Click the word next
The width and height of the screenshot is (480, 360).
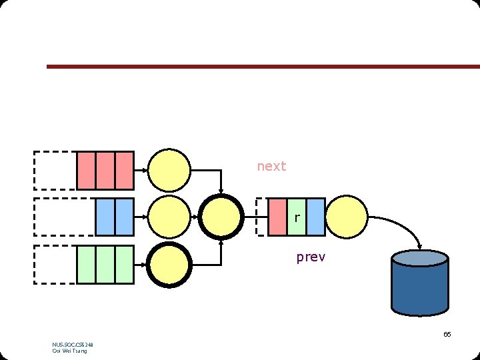[x=271, y=166]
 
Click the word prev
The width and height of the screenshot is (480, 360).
[x=311, y=257]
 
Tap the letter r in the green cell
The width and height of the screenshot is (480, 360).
[x=297, y=217]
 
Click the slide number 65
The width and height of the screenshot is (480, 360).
[x=447, y=334]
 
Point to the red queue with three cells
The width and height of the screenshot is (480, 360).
[x=105, y=171]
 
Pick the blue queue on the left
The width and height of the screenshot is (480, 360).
[x=115, y=217]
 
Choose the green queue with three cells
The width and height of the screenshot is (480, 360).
[x=105, y=264]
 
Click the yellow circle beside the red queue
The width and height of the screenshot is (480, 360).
[x=169, y=171]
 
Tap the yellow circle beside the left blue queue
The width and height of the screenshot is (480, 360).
[x=169, y=217]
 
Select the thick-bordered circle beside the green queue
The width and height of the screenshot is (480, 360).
[x=169, y=265]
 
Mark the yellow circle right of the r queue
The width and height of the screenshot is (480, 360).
[x=347, y=217]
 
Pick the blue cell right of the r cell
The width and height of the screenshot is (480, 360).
[x=315, y=217]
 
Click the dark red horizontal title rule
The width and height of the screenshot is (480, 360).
[x=263, y=67]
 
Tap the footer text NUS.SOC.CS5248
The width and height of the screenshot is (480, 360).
[x=73, y=345]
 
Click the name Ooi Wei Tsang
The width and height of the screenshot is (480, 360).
[x=69, y=351]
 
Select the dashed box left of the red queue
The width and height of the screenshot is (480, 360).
[x=55, y=171]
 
